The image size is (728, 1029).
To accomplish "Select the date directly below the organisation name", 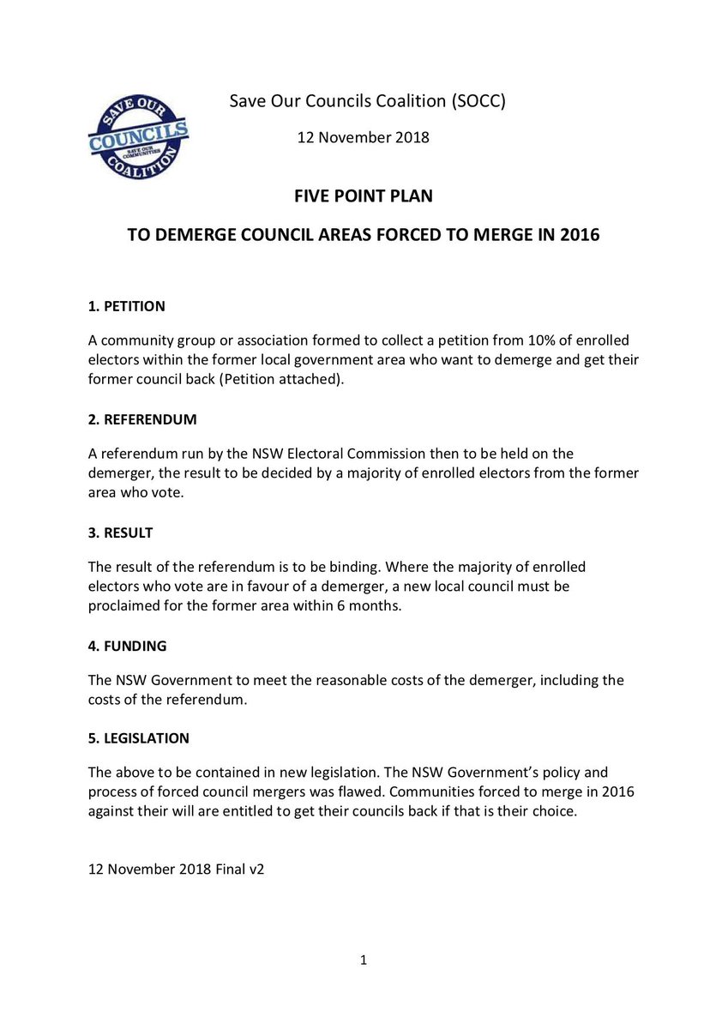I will pyautogui.click(x=363, y=136).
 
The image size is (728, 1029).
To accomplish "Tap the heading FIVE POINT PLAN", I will pyautogui.click(x=363, y=196).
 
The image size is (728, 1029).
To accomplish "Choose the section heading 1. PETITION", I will pyautogui.click(x=127, y=306).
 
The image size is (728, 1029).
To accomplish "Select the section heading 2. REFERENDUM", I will pyautogui.click(x=142, y=420).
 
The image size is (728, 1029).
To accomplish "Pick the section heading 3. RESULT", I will pyautogui.click(x=120, y=533).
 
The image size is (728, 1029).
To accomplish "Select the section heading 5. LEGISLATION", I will pyautogui.click(x=139, y=737).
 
